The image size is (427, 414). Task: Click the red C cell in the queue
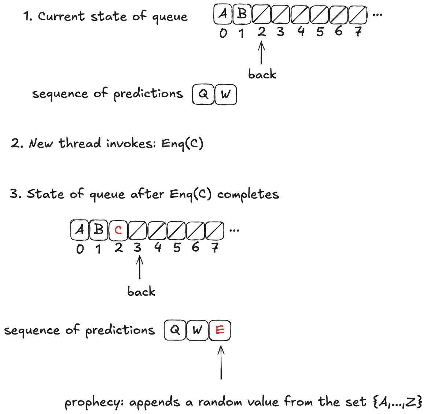[118, 230]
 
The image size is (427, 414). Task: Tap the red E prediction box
[220, 330]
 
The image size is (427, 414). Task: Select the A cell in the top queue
[223, 14]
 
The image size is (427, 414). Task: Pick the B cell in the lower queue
[99, 230]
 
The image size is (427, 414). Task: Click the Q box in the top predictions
[203, 95]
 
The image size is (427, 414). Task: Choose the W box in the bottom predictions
[197, 330]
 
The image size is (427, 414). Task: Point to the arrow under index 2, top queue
[261, 53]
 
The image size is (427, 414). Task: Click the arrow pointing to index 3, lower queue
[139, 267]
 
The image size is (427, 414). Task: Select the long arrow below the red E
[221, 363]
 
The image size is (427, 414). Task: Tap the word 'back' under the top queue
[262, 74]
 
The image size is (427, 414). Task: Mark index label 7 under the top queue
[358, 32]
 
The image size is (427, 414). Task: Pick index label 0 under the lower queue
[80, 249]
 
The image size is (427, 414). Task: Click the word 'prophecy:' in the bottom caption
[95, 403]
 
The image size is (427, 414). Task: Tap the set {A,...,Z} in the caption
[397, 402]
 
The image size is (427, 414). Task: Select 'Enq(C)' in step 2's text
[182, 143]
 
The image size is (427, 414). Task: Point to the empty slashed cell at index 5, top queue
[319, 14]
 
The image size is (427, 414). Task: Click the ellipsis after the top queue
[377, 15]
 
